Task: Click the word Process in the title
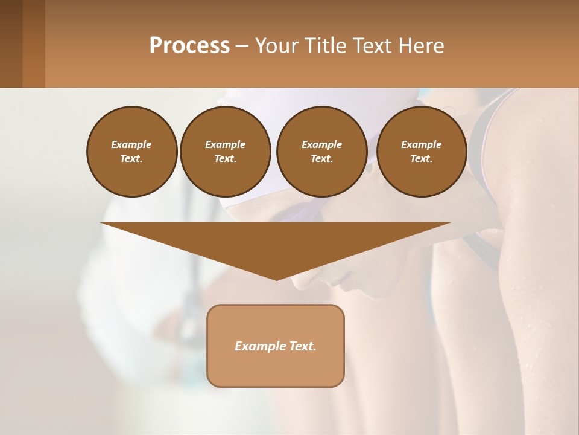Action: point(189,46)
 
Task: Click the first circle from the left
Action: point(131,152)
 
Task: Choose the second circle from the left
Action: point(225,152)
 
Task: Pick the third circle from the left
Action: point(321,152)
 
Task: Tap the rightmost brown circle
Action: point(421,152)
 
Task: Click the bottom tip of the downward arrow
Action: point(276,279)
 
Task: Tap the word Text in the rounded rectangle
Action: point(302,346)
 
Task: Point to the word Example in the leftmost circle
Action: point(131,144)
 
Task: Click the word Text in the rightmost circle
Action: point(421,159)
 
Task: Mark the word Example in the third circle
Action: point(321,144)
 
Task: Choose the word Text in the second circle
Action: point(225,159)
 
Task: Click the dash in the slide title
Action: point(241,46)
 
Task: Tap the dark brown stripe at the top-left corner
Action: point(11,43)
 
